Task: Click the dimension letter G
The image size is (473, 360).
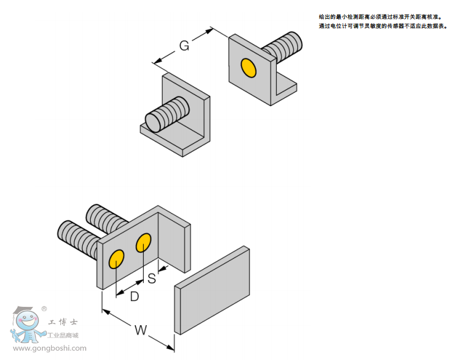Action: point(183,45)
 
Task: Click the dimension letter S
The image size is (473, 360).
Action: point(152,279)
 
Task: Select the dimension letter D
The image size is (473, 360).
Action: point(135,296)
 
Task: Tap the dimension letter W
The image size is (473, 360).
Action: point(141,330)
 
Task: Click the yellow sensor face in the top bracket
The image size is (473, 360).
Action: point(248,67)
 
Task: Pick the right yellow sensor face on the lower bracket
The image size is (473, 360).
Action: point(143,243)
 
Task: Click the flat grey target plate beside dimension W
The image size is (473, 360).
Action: point(213,290)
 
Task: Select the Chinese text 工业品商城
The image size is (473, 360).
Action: point(63,335)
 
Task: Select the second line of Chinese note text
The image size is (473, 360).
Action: point(383,26)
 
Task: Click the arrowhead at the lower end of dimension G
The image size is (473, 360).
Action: point(157,61)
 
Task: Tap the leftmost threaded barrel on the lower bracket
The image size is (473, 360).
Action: point(77,237)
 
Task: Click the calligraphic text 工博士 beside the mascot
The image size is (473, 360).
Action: point(63,322)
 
